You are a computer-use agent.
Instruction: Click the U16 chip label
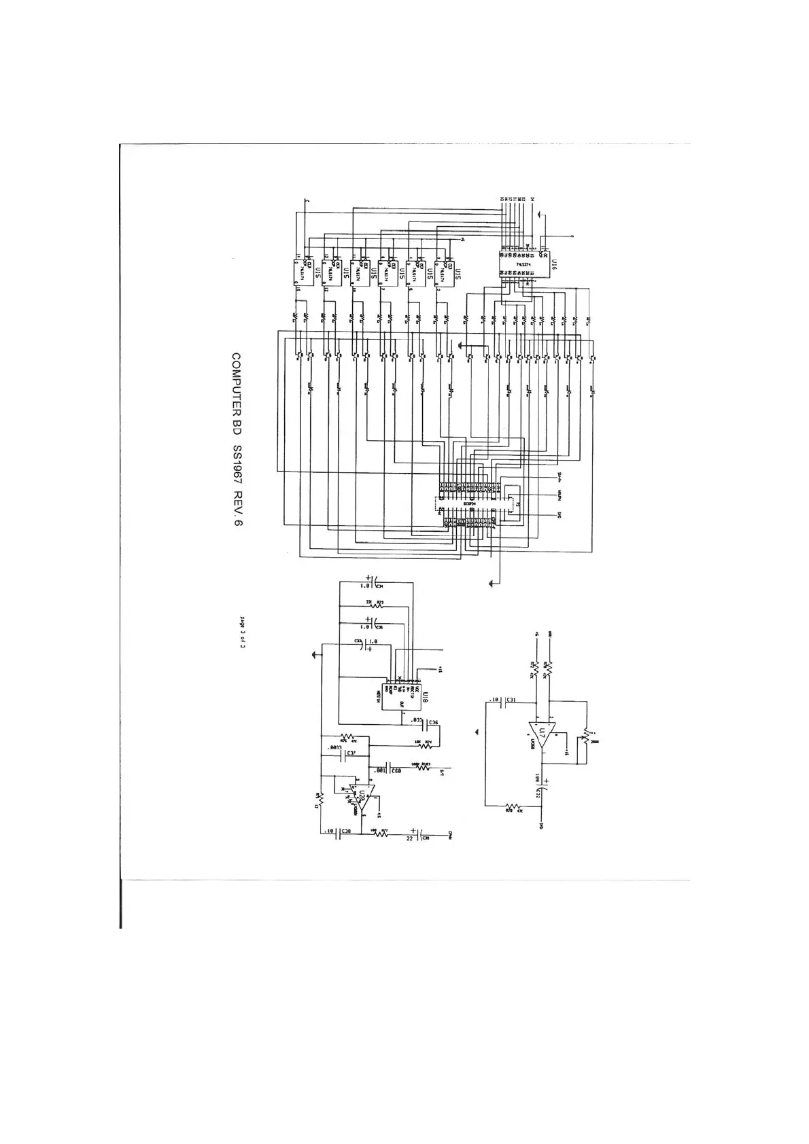point(553,264)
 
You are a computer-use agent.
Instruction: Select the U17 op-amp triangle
point(542,734)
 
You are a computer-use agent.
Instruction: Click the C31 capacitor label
point(511,700)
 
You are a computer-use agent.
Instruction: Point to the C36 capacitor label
point(433,723)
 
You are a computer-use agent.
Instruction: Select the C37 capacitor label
point(351,753)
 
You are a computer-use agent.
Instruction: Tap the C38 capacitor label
point(347,832)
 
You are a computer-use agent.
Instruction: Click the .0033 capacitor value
point(334,748)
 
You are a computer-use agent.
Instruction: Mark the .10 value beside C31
point(494,700)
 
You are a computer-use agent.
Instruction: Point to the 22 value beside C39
point(409,838)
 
